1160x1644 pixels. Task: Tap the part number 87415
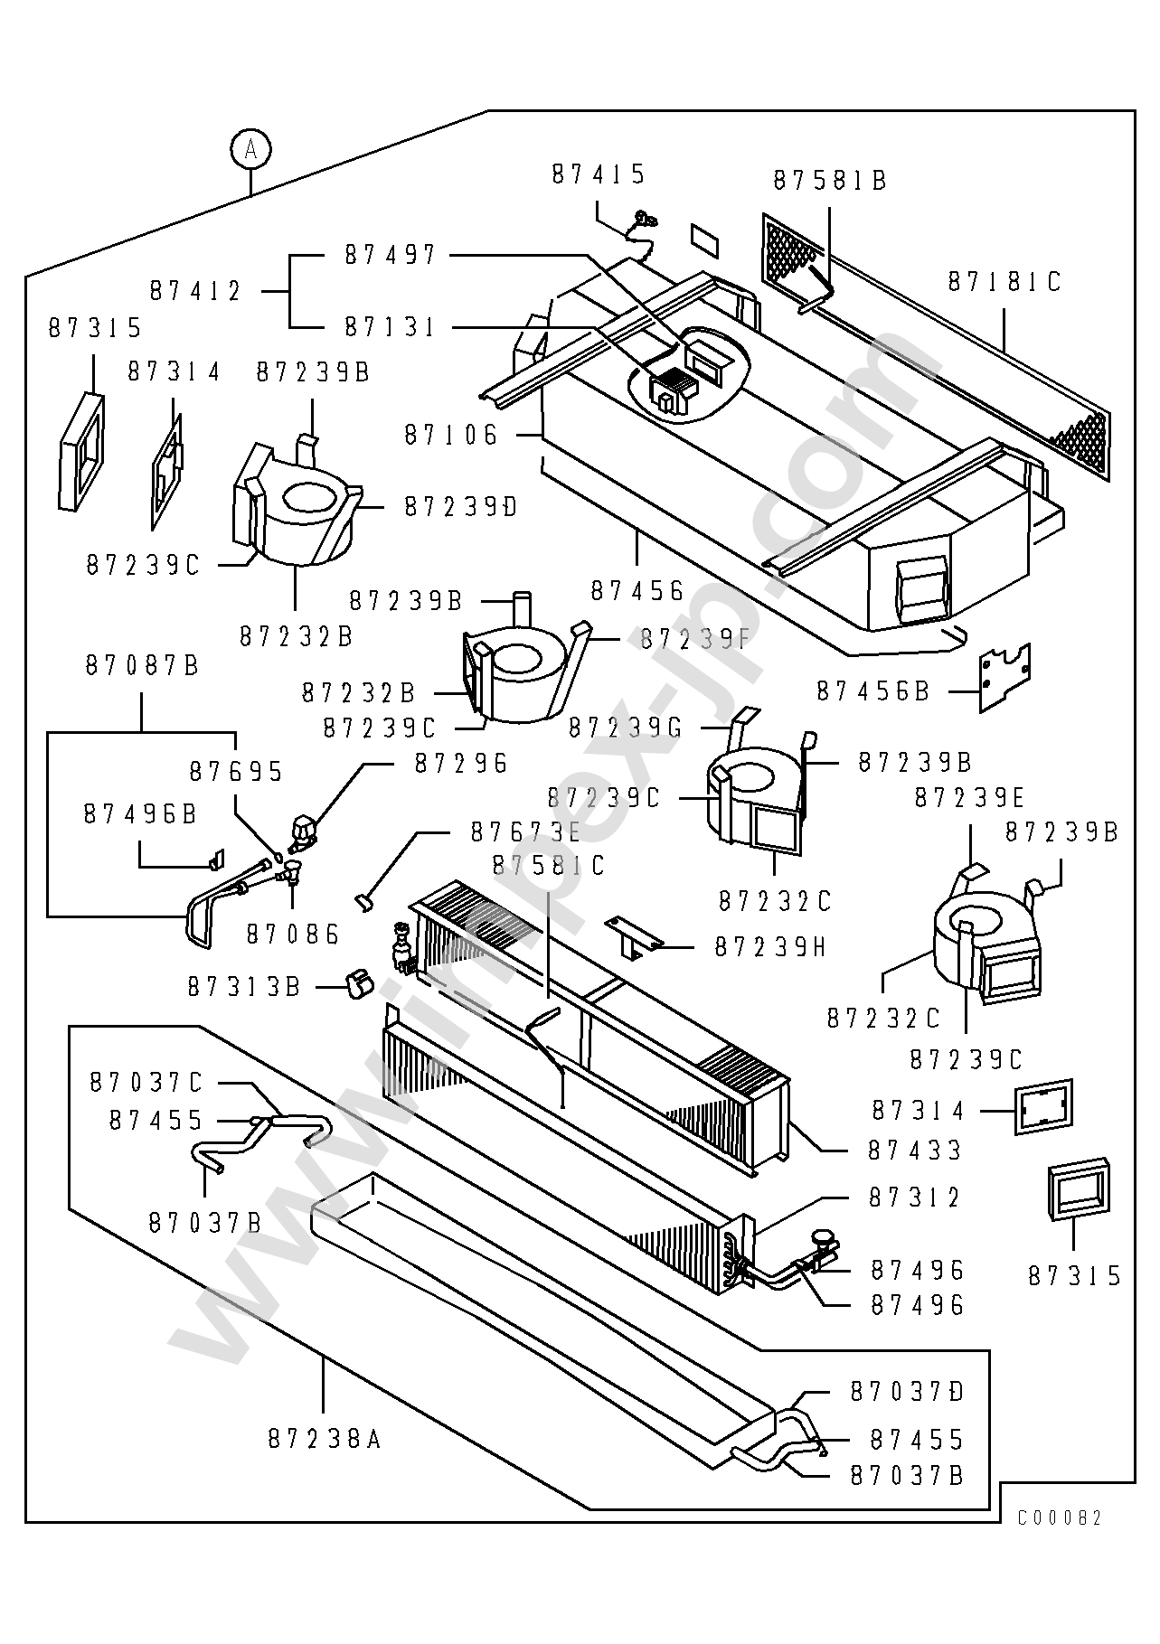[x=599, y=174]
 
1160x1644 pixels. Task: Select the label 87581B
[x=830, y=181]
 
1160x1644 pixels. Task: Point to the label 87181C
[x=1004, y=282]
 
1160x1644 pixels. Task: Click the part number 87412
[x=196, y=291]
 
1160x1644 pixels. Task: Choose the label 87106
[x=451, y=435]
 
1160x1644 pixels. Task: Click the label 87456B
[x=873, y=690]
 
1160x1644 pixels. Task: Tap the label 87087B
[x=143, y=665]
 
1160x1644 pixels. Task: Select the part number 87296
[x=462, y=764]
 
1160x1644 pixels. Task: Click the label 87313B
[x=244, y=986]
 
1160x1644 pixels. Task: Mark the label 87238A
[x=325, y=1438]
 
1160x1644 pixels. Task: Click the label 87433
[x=916, y=1151]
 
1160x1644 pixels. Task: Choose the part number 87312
[x=916, y=1198]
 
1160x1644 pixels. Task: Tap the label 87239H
[x=771, y=946]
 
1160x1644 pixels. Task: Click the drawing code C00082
[x=1060, y=1517]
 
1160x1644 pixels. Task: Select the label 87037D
[x=908, y=1392]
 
